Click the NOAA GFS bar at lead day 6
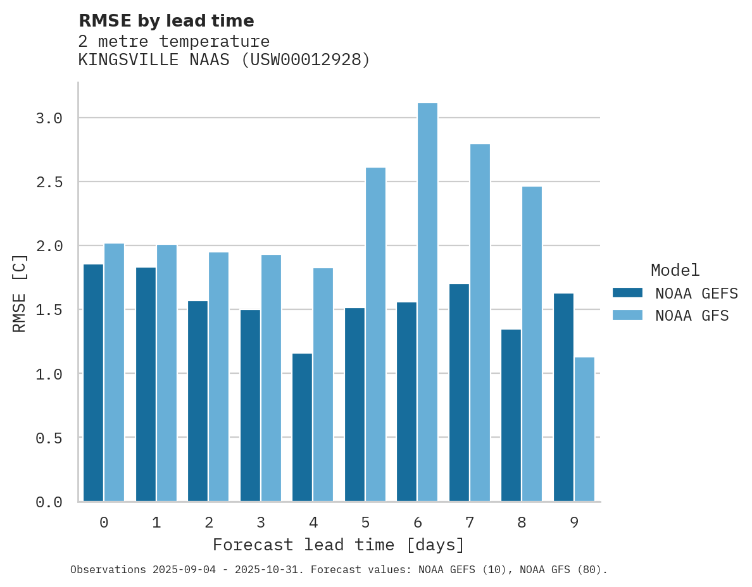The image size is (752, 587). (x=427, y=302)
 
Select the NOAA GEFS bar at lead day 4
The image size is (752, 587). (x=302, y=427)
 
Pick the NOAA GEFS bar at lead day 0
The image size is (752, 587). (x=93, y=383)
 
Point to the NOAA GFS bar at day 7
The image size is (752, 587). (x=480, y=323)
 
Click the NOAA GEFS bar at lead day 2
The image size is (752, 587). (x=197, y=401)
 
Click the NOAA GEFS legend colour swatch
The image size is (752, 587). (x=627, y=293)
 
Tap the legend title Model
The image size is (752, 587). (x=675, y=270)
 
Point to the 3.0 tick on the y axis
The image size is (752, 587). (x=49, y=118)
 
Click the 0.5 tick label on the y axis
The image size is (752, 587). (x=49, y=438)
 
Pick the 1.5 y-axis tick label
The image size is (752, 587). (x=49, y=310)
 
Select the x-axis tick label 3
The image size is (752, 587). (x=260, y=522)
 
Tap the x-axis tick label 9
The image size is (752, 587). (x=573, y=522)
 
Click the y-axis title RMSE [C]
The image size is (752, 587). (x=20, y=293)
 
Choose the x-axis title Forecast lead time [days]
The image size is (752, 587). (x=339, y=545)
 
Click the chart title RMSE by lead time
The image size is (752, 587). (x=166, y=21)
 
